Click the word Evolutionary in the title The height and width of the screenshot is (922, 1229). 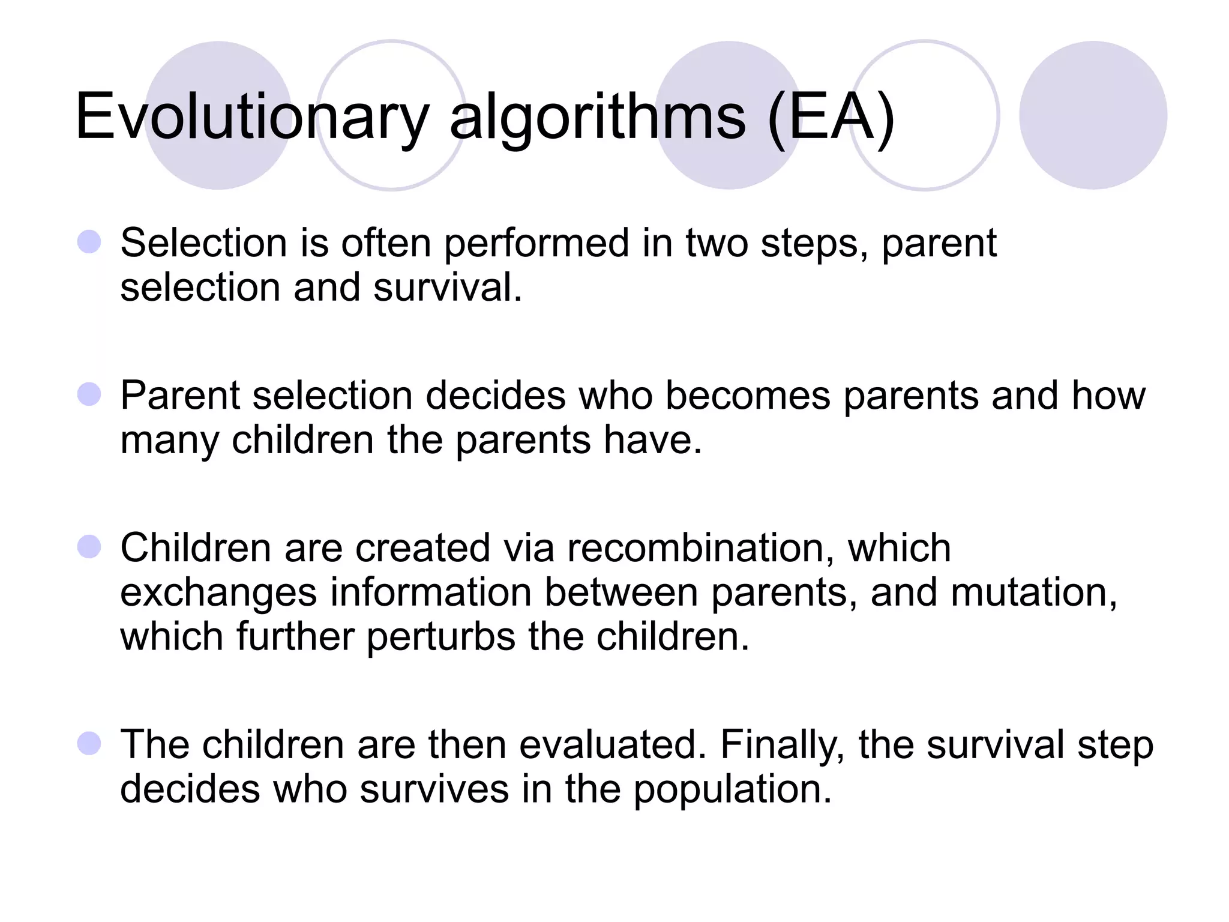pyautogui.click(x=252, y=117)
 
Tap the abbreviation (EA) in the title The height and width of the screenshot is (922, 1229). pyautogui.click(x=832, y=117)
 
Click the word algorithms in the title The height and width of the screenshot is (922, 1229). pyautogui.click(x=598, y=117)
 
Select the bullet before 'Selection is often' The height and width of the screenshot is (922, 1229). pyautogui.click(x=89, y=243)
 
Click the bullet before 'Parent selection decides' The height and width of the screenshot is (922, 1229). pyautogui.click(x=89, y=395)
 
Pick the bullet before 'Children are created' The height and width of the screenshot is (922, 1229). pyautogui.click(x=89, y=547)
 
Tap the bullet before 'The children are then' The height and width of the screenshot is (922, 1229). pyautogui.click(x=89, y=744)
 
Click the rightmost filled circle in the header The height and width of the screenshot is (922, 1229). pyautogui.click(x=1093, y=115)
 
